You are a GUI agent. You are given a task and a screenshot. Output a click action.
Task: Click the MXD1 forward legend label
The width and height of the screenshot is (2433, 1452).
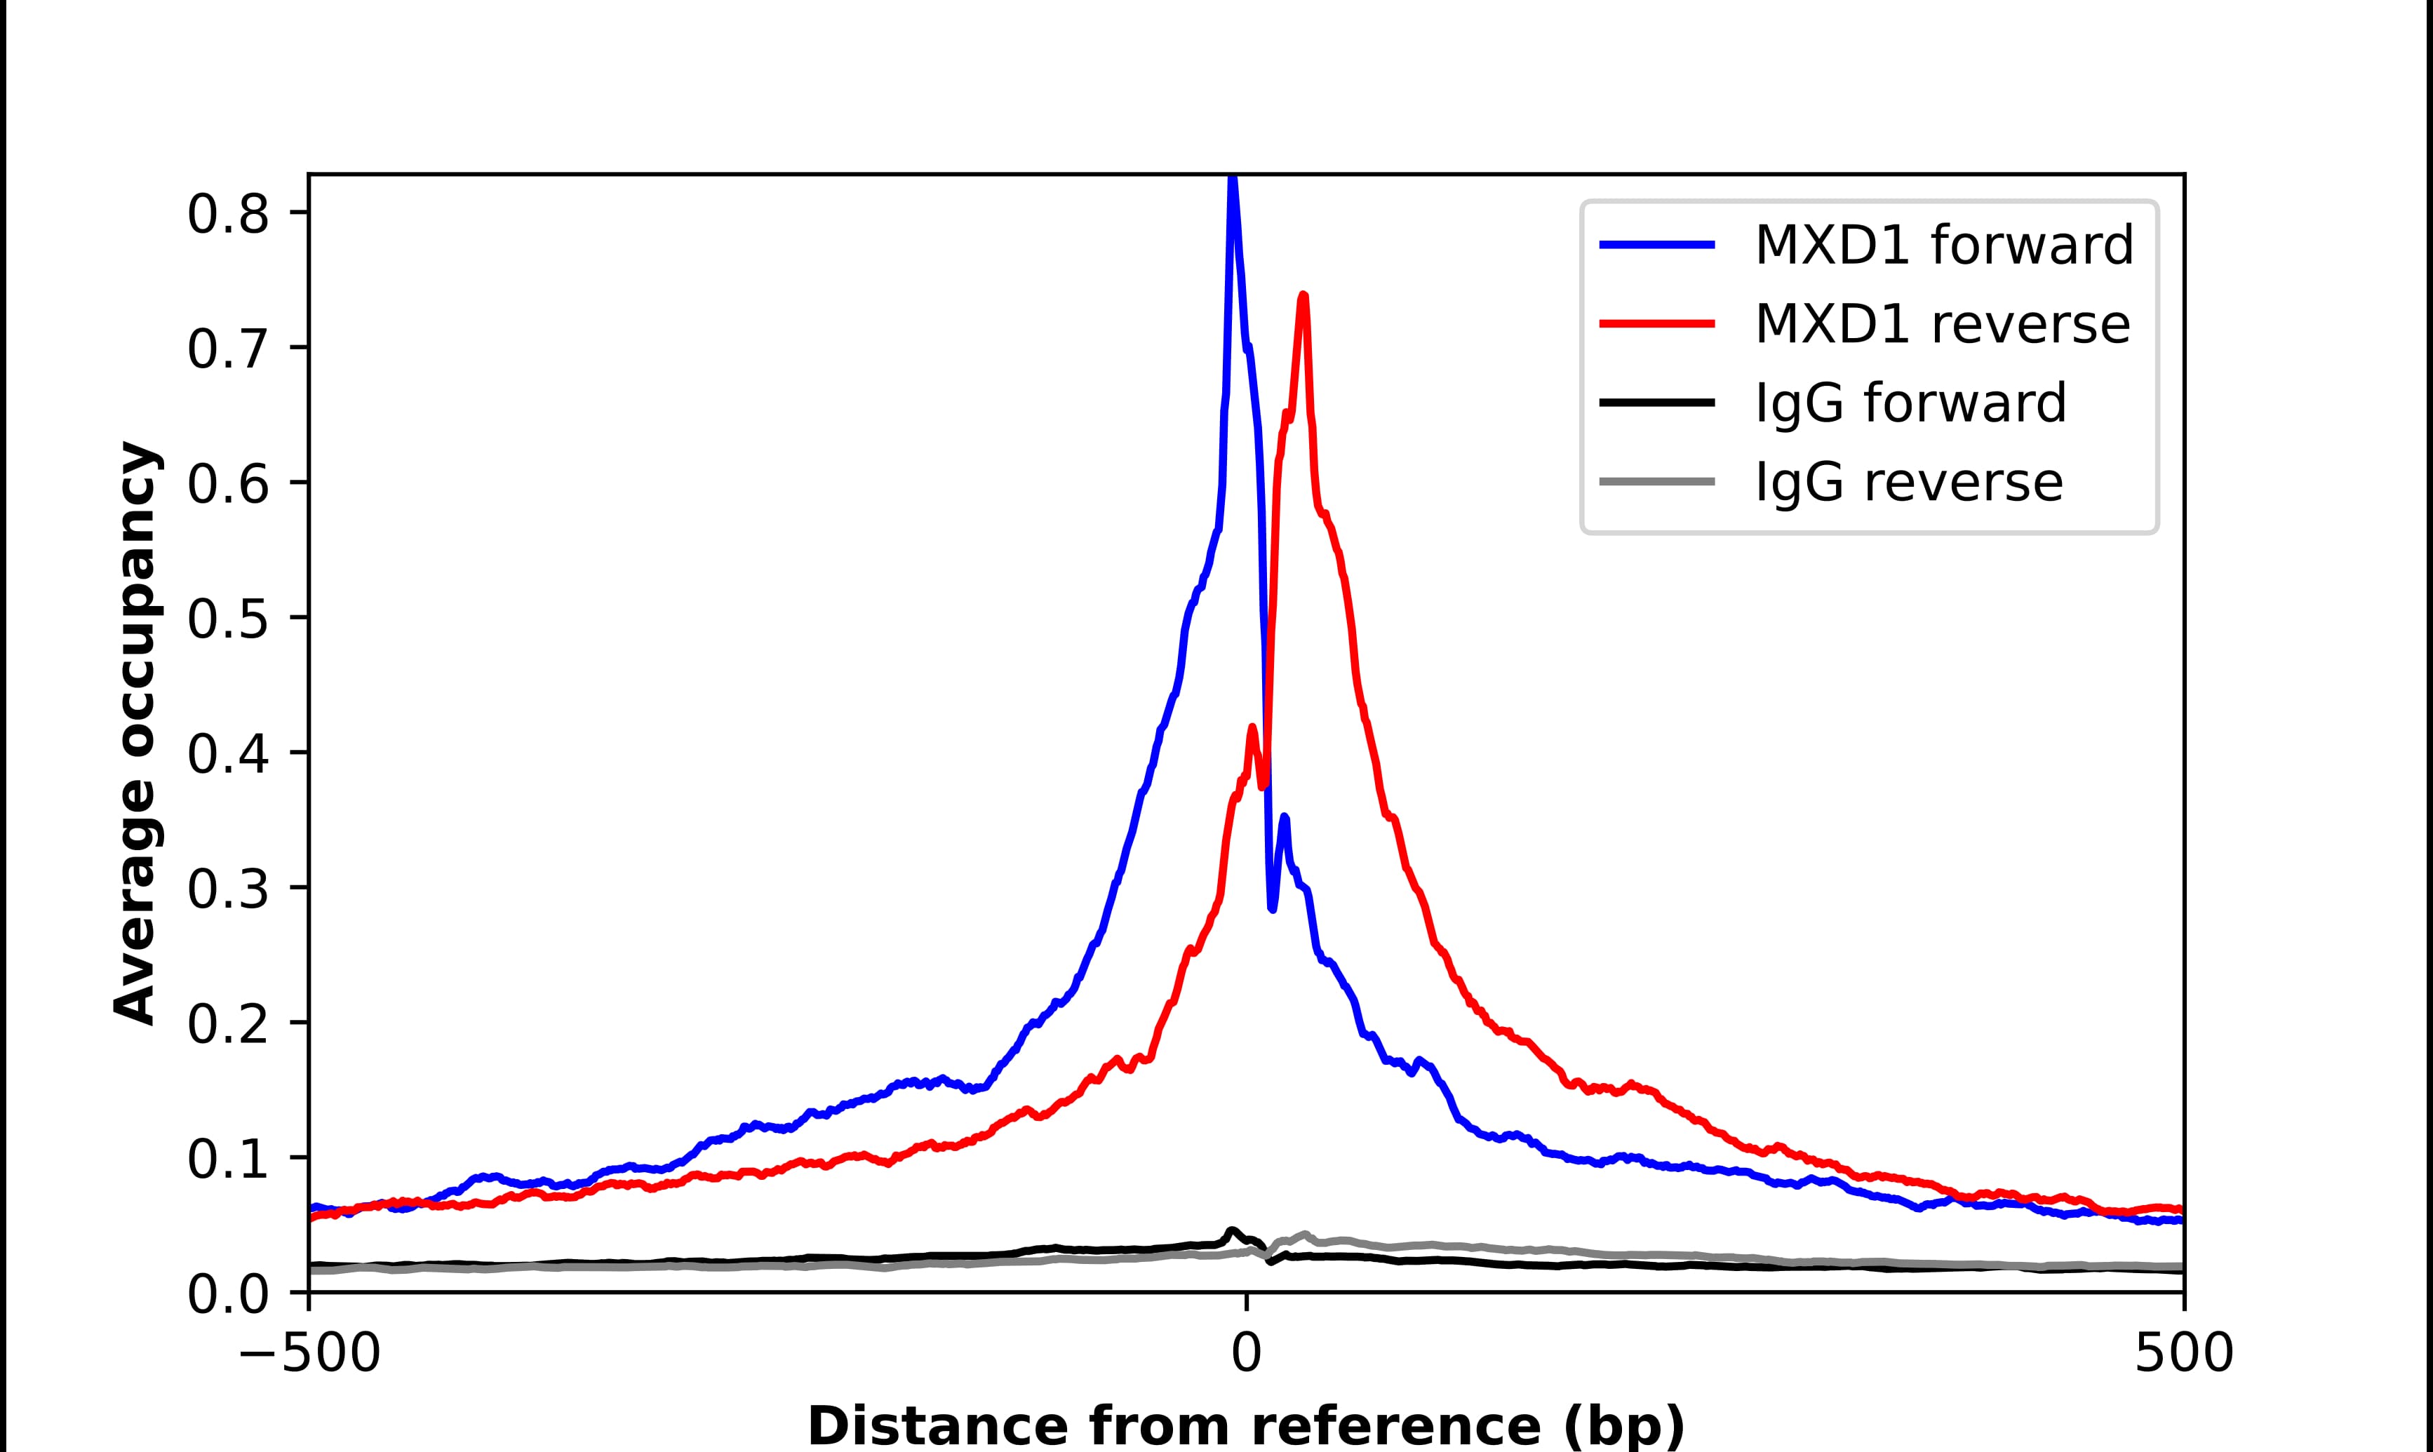(x=1943, y=245)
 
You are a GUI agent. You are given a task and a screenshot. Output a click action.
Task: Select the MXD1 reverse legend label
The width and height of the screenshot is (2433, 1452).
(x=1942, y=324)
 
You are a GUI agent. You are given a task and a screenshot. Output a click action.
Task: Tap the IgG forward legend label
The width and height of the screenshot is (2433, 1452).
(x=1910, y=403)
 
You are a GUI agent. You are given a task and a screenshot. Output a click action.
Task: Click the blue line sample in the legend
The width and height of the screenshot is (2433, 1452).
(x=1657, y=245)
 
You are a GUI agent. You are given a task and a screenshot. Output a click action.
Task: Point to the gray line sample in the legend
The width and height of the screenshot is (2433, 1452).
(x=1657, y=481)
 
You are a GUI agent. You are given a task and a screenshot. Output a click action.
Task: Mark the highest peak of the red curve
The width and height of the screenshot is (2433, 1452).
(x=1303, y=295)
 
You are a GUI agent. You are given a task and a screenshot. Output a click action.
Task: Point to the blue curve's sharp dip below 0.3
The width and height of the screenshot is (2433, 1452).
(x=1272, y=908)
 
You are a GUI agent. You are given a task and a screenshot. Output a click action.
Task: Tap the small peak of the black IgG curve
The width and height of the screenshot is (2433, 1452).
(x=1233, y=1231)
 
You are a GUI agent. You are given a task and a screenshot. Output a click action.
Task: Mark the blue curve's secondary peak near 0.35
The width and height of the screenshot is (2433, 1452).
(x=1285, y=817)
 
